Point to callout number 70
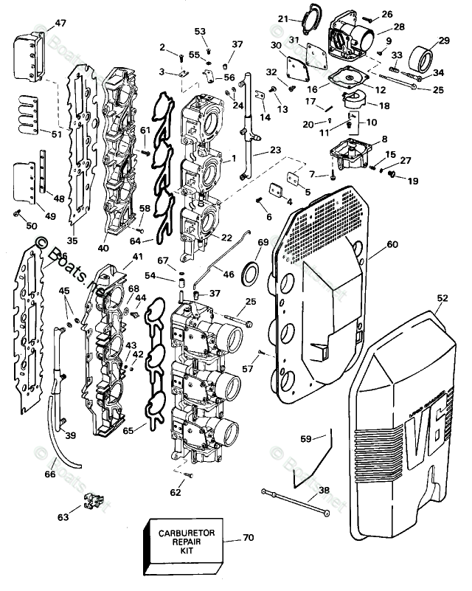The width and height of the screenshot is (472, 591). point(247,538)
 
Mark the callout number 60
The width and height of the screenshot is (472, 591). point(392,243)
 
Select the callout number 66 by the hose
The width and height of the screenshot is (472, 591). point(49,474)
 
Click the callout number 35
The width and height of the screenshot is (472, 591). point(72,239)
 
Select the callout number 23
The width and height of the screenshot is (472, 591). point(275,150)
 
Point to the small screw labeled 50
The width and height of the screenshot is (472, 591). point(15,212)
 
